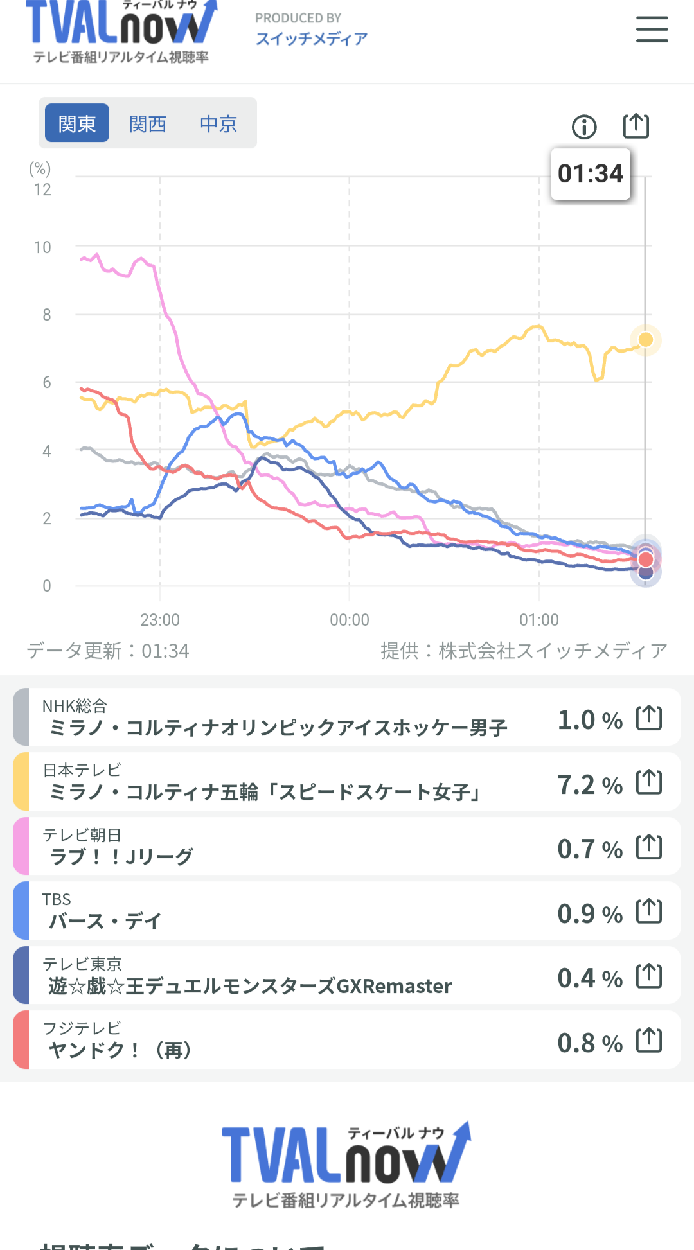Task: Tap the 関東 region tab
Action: [76, 123]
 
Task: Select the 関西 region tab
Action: [147, 123]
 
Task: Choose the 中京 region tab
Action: [218, 123]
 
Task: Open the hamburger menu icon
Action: [652, 30]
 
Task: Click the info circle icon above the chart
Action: [584, 127]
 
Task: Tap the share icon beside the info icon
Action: [636, 126]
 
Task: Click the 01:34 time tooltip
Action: [591, 174]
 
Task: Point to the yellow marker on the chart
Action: [646, 339]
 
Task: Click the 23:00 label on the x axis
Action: [160, 620]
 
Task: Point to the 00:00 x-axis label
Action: [350, 620]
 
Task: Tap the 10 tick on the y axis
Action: [42, 247]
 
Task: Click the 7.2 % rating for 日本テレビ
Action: [589, 784]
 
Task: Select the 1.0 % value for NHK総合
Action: [589, 719]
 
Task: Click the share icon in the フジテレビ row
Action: [649, 1040]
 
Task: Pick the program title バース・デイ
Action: [105, 921]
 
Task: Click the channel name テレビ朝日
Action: [82, 834]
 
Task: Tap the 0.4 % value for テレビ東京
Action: [589, 978]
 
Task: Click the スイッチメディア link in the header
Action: [312, 39]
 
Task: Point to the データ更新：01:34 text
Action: [108, 651]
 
